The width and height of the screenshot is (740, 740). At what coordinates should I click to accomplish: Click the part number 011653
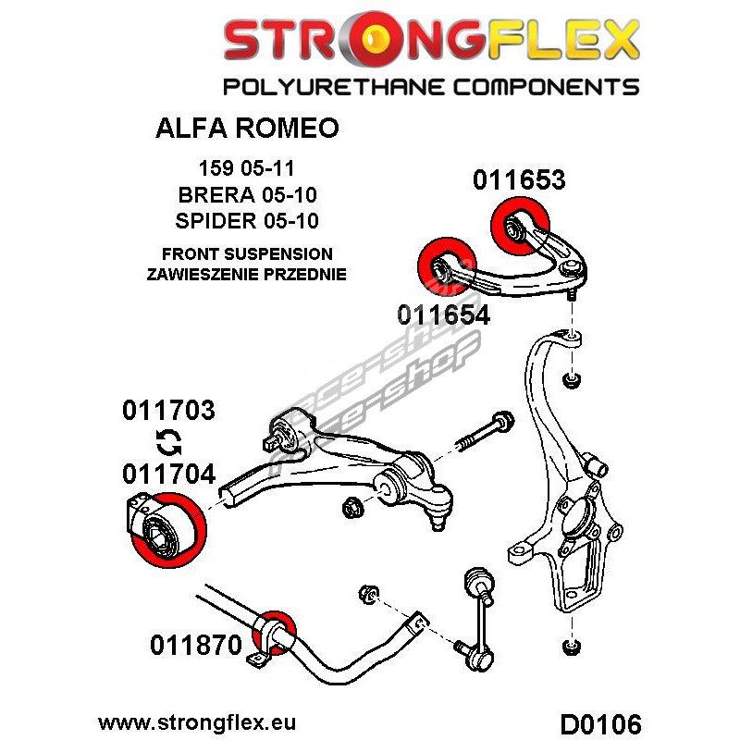(519, 179)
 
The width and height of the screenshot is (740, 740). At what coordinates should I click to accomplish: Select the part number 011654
(443, 314)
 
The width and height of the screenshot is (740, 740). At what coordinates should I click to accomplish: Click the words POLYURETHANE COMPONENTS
(430, 88)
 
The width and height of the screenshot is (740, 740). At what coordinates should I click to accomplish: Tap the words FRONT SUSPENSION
(246, 253)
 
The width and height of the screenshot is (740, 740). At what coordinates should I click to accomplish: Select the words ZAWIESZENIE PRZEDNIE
(246, 274)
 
